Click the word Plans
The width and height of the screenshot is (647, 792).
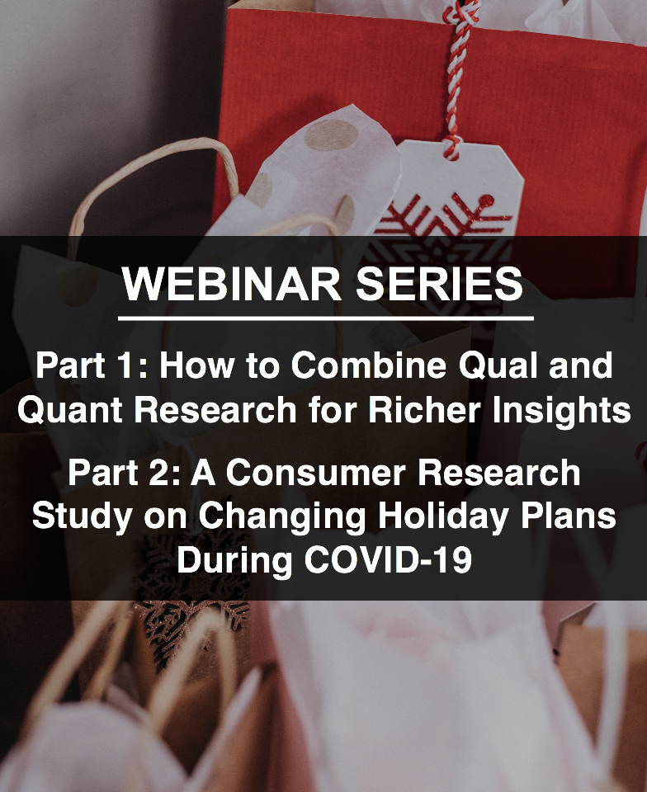click(572, 516)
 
